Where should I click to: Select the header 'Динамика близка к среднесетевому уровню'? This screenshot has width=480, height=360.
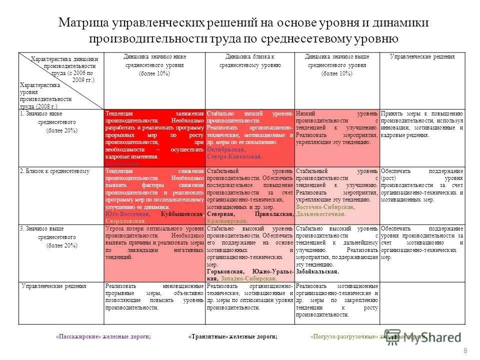coord(250,61)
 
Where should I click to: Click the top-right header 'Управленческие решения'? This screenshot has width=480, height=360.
coord(422,57)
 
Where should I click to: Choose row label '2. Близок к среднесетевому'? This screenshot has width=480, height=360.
coord(55,171)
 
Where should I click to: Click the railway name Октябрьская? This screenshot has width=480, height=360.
coord(225,149)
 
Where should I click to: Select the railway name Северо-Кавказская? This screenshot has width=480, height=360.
coord(234,156)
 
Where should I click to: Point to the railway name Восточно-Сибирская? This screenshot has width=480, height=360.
coord(325,207)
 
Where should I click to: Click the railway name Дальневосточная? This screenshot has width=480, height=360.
coord(320,214)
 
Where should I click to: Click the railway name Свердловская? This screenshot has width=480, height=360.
coord(126,220)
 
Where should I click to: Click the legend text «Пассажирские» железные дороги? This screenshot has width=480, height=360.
coord(103,337)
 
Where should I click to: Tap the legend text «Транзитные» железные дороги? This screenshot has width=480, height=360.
coord(233,337)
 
